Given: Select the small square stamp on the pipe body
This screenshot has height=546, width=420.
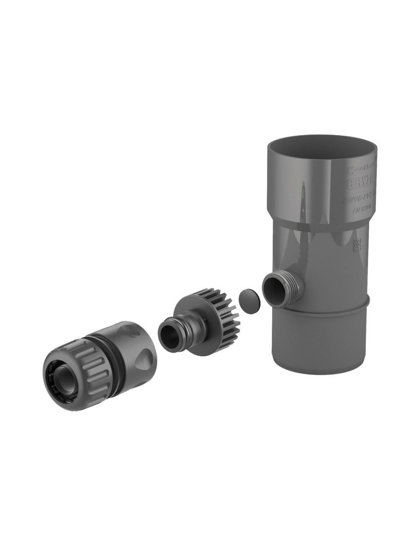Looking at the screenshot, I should (x=358, y=244).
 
